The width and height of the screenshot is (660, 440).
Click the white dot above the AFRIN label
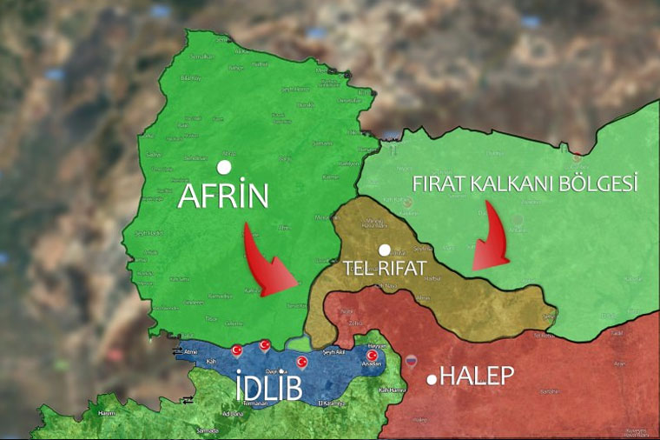point(224,166)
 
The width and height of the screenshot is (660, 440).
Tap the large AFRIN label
point(223,197)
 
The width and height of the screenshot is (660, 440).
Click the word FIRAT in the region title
point(444,184)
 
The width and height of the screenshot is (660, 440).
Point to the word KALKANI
point(522,184)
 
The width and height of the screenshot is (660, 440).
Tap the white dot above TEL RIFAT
point(385,250)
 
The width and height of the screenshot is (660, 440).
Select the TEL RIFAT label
point(384,268)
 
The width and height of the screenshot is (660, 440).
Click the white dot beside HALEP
point(432,379)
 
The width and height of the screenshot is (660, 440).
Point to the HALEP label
point(477,377)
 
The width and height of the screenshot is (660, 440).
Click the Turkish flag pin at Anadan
point(373,355)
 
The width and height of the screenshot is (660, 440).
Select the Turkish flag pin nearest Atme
point(236,350)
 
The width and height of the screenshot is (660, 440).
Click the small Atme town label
point(191,352)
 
